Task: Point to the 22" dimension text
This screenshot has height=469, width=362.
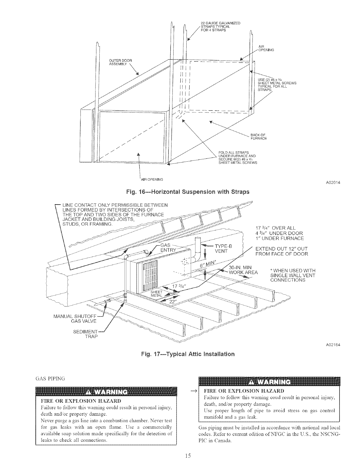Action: coord(172,299)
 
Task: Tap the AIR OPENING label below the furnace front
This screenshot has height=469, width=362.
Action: coord(151,179)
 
